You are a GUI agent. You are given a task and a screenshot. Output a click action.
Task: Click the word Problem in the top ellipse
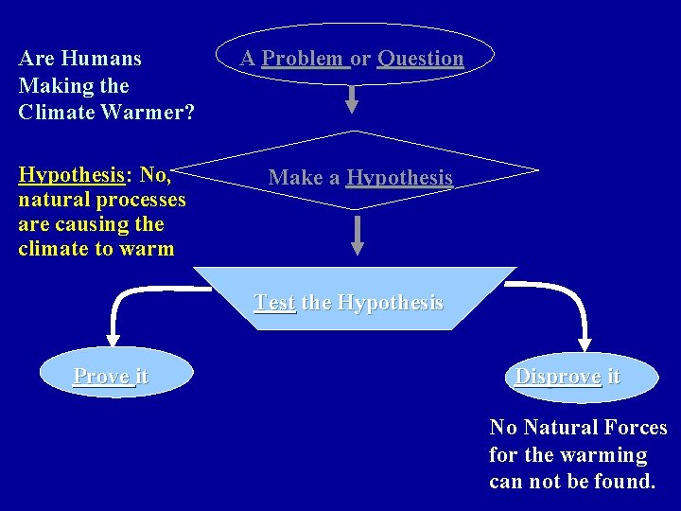tap(304, 59)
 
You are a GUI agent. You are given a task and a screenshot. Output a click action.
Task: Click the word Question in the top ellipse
tap(421, 59)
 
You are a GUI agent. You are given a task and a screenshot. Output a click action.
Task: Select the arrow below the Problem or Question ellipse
tap(352, 97)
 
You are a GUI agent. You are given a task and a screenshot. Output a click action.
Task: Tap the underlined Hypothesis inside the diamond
tap(399, 178)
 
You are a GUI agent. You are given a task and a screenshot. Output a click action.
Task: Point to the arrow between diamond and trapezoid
tap(357, 235)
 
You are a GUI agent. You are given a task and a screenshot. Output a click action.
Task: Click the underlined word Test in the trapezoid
tap(274, 303)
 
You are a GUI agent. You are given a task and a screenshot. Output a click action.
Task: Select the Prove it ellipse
tap(110, 377)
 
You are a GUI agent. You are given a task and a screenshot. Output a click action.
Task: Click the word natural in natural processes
tap(47, 200)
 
